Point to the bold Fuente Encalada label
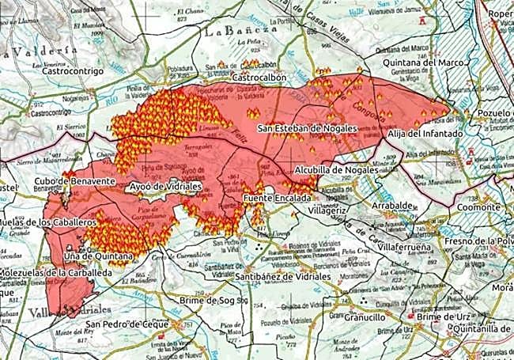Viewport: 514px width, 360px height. [277, 198]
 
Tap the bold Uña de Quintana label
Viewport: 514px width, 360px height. [97, 256]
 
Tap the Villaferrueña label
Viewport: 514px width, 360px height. [403, 246]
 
